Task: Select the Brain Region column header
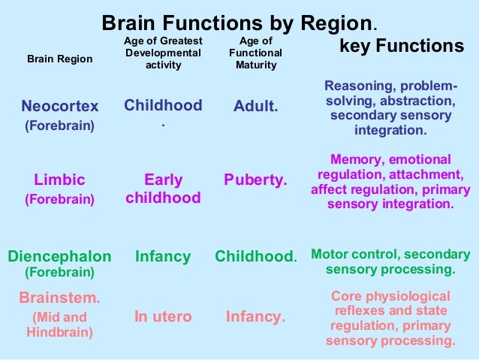(60, 59)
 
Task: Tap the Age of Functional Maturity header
(256, 53)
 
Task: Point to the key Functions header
(402, 47)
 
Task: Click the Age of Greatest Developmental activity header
(163, 53)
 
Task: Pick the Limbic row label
(60, 180)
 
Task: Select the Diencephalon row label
(60, 256)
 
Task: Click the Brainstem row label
(60, 298)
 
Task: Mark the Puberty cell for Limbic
(255, 180)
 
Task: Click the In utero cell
(163, 316)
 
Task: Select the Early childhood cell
(163, 189)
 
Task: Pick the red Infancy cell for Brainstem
(256, 316)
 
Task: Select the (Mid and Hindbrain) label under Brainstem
(60, 324)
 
